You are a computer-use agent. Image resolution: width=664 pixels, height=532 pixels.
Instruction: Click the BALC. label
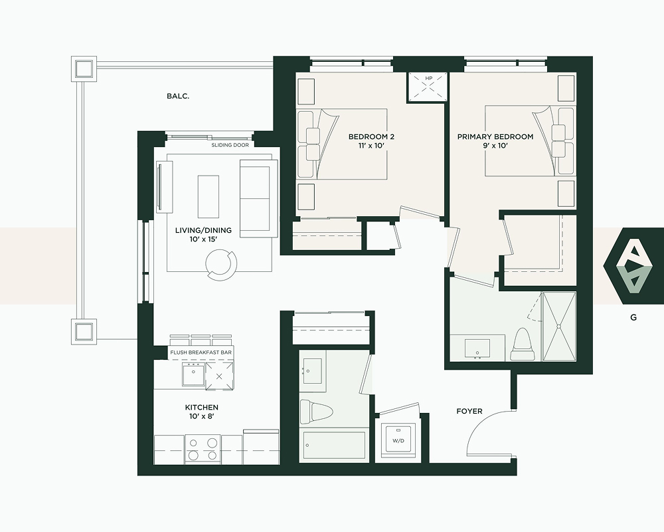tap(178, 96)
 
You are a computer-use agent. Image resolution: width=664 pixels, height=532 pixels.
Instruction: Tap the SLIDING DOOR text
tap(230, 145)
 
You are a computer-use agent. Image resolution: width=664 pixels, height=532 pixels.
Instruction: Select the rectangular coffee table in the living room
tap(208, 196)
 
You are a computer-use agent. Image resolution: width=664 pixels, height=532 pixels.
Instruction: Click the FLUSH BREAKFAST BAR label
tap(201, 352)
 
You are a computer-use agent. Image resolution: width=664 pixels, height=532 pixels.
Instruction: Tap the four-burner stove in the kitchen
tap(203, 450)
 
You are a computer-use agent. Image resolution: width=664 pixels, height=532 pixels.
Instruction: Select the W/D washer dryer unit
tap(398, 440)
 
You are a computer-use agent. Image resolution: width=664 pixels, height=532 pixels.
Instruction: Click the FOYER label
tap(469, 411)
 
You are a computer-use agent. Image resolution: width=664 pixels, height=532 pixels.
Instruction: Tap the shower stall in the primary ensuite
tap(559, 327)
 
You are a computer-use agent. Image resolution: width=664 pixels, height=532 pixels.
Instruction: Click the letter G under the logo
tap(633, 317)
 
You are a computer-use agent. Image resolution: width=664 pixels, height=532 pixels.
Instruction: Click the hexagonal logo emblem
tap(633, 266)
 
